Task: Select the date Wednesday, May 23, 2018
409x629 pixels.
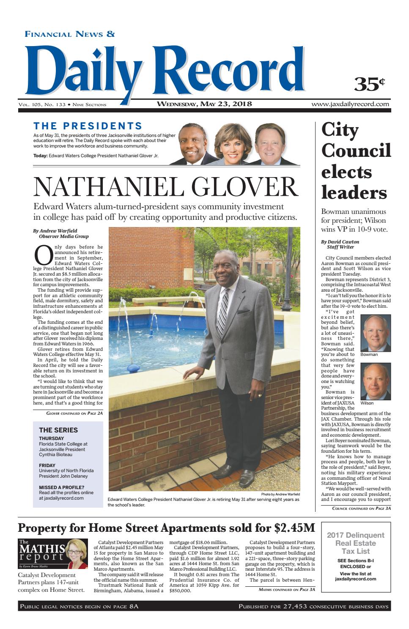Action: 204,104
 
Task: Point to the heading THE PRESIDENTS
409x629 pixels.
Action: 88,126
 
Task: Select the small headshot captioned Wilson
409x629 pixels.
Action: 375,382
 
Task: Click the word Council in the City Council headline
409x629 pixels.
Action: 356,150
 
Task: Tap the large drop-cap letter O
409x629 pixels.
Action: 43,256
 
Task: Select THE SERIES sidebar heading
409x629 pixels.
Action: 58,430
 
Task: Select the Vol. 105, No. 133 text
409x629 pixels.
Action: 41,104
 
